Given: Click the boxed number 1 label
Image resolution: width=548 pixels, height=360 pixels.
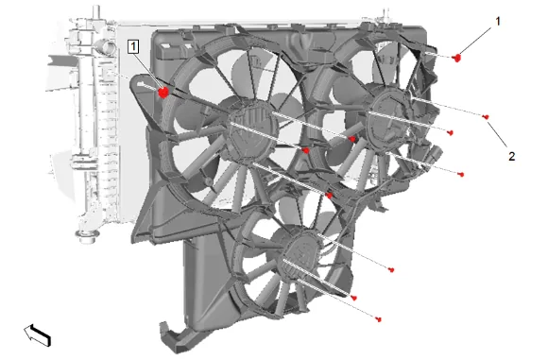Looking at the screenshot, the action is point(133,46).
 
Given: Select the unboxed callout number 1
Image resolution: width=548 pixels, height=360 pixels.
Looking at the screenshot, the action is point(498,22).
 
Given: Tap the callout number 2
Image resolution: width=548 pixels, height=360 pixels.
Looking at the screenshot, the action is point(511,156).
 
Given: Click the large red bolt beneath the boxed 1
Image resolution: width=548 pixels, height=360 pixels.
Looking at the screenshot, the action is point(163,93).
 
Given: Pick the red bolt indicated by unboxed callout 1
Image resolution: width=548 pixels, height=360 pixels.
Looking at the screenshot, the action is point(456,58).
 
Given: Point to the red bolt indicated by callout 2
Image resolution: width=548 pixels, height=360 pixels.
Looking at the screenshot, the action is point(486,117).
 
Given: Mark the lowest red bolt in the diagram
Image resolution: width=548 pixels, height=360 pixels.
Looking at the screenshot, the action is point(378,319).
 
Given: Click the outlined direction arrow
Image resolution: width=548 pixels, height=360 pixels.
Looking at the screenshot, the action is point(38,334).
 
